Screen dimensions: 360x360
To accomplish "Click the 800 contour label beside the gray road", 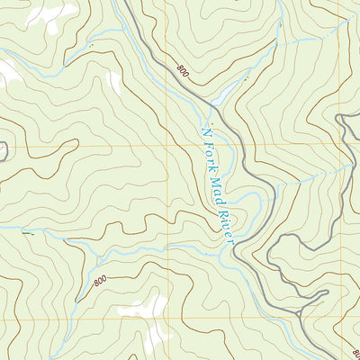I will click(184, 70).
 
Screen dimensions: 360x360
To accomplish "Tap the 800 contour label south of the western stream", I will click(99, 282).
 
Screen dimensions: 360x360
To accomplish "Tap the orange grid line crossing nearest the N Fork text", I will click(168, 144).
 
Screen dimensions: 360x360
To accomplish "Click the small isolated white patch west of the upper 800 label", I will click(114, 81).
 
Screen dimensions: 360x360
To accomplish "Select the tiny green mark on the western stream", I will click(27, 233).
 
